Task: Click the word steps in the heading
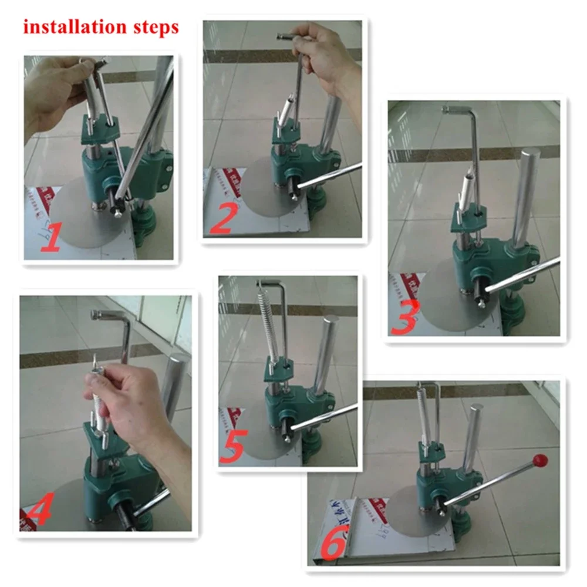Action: pos(156,28)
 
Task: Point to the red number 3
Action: pos(405,319)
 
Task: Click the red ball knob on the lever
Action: pos(539,460)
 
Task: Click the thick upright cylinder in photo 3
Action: pos(528,196)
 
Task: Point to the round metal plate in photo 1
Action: pos(82,217)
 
